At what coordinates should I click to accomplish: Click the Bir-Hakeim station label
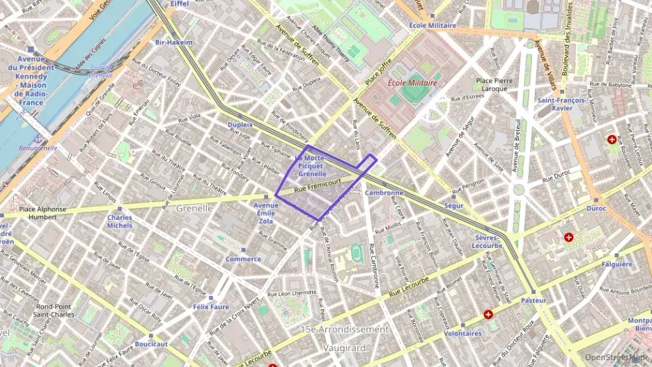pyautogui.click(x=173, y=42)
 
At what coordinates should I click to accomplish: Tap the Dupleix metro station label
pyautogui.click(x=240, y=125)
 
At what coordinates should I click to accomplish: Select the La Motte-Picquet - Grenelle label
pyautogui.click(x=310, y=166)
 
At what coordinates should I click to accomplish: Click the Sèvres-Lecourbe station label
pyautogui.click(x=486, y=241)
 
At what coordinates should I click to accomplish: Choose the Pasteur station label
pyautogui.click(x=534, y=300)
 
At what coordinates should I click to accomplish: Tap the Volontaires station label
pyautogui.click(x=463, y=333)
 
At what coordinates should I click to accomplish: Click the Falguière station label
pyautogui.click(x=616, y=264)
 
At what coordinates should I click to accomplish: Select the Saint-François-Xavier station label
pyautogui.click(x=561, y=104)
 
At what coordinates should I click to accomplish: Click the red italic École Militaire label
pyautogui.click(x=412, y=83)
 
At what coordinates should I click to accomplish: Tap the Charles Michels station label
pyautogui.click(x=120, y=221)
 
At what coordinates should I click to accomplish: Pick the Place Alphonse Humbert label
pyautogui.click(x=42, y=213)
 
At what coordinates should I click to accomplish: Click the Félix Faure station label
pyautogui.click(x=210, y=306)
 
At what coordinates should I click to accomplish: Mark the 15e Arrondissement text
pyautogui.click(x=344, y=329)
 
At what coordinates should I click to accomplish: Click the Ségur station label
pyautogui.click(x=453, y=206)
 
